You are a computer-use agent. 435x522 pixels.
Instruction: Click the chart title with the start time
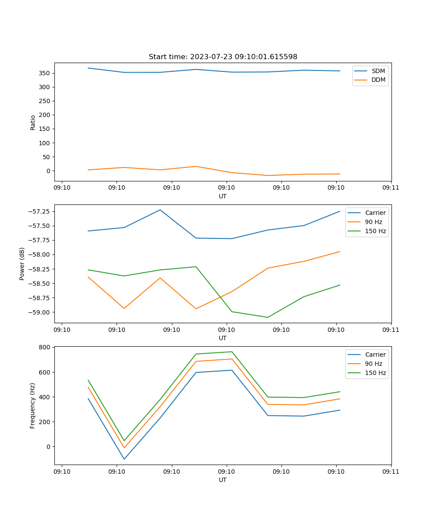pos(223,57)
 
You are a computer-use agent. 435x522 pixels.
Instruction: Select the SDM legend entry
pos(378,71)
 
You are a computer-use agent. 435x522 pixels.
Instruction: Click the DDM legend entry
pos(378,80)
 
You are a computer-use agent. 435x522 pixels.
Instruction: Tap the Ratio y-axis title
pos(33,122)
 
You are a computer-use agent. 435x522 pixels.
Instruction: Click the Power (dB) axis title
pos(22,264)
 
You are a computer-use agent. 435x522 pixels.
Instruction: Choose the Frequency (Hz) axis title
pos(33,405)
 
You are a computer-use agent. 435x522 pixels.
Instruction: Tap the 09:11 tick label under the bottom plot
pos(391,472)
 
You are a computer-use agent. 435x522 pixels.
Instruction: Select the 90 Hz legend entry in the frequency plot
pos(373,364)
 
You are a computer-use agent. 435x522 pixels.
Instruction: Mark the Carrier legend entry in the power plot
pos(375,213)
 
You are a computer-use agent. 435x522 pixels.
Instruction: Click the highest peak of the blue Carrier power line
pos(160,210)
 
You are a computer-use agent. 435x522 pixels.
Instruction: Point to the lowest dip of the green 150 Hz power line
pos(268,317)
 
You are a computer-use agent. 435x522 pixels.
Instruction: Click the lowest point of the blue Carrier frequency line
pos(124,459)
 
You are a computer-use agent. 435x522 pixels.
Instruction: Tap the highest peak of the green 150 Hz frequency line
pos(232,351)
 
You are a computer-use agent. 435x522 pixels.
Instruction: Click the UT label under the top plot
pos(223,196)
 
